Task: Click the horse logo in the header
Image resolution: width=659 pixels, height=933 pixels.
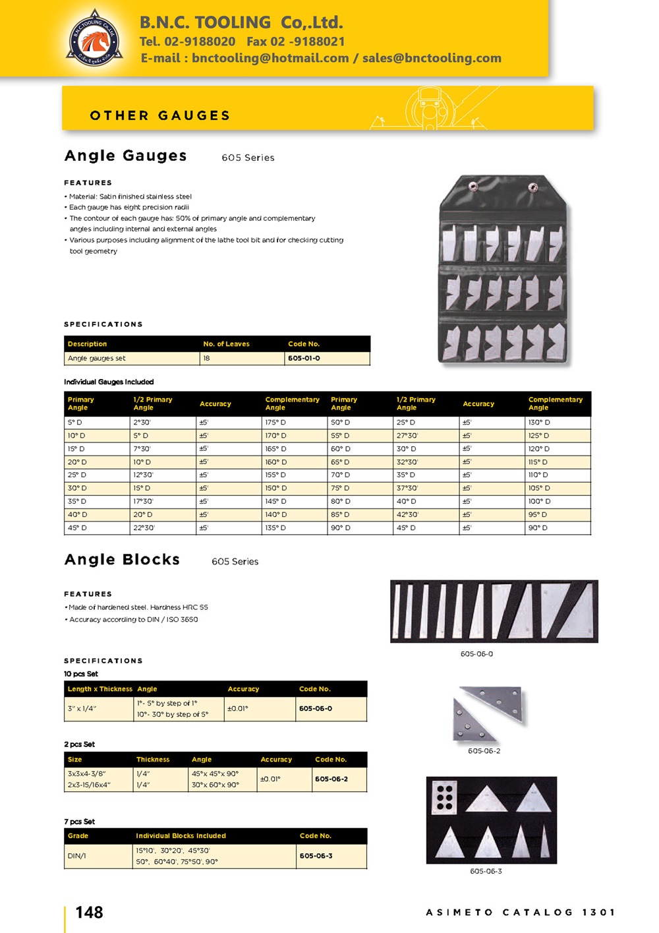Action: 94,39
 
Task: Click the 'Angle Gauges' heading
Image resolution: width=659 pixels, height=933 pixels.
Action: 126,156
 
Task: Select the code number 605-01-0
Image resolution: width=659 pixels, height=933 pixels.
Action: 304,358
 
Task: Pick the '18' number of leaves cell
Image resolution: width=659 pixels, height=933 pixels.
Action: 207,358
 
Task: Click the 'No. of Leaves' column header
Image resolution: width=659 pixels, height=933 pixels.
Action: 226,344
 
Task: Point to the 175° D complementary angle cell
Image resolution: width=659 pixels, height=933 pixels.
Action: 275,422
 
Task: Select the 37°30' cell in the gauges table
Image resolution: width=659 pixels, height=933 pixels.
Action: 407,488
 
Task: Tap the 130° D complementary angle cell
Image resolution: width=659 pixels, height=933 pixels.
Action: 538,422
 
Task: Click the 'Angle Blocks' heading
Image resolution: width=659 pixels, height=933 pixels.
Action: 123,560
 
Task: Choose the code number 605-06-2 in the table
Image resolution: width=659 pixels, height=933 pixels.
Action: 331,779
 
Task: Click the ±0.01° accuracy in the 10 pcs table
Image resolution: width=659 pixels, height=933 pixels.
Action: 238,708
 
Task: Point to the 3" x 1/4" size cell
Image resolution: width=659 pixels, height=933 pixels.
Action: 82,708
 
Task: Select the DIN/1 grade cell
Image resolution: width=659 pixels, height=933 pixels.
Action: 77,856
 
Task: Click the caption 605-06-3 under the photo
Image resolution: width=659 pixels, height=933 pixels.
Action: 486,871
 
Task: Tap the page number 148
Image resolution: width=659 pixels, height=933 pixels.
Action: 89,913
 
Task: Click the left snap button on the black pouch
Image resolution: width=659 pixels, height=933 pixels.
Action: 472,187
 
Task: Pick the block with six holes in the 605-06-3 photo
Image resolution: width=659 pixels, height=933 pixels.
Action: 445,797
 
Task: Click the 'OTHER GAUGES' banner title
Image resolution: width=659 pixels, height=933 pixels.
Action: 160,115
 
